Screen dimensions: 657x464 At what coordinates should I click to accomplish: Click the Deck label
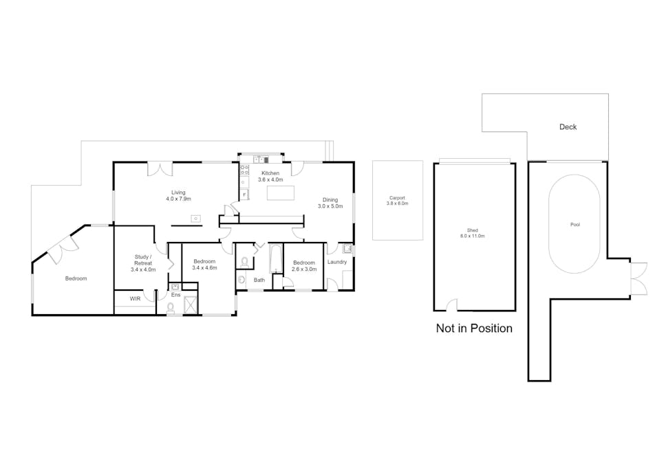pos(568,127)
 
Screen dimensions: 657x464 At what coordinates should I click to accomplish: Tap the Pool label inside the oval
pos(575,225)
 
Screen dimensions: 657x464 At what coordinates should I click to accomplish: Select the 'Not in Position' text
pos(474,328)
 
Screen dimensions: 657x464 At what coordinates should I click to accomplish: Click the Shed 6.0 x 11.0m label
pos(473,233)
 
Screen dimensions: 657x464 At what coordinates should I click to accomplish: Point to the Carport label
pos(397,201)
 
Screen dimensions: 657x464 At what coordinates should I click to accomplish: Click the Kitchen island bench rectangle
pos(281,192)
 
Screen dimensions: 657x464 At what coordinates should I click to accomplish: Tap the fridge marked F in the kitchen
pos(244,195)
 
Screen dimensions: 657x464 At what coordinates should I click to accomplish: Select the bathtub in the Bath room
pos(276,259)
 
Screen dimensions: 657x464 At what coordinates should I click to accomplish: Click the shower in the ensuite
pos(191,305)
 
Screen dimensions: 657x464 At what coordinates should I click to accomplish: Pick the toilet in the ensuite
pos(171,309)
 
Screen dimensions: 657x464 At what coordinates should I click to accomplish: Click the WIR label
pos(135,298)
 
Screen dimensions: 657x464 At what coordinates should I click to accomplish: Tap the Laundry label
pos(337,262)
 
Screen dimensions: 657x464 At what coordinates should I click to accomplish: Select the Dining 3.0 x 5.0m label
pos(330,203)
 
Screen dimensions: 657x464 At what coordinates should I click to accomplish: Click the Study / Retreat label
pos(143,263)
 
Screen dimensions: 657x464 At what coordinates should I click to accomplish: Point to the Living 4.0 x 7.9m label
pos(178,195)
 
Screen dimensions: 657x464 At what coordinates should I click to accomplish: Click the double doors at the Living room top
pos(160,168)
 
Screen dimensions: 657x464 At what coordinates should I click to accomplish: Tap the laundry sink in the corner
pos(347,249)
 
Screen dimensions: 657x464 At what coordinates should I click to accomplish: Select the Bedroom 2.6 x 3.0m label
pos(304,266)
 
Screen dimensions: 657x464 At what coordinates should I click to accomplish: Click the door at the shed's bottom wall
pos(451,305)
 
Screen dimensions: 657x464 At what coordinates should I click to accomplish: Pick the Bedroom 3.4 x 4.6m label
pos(204,264)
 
